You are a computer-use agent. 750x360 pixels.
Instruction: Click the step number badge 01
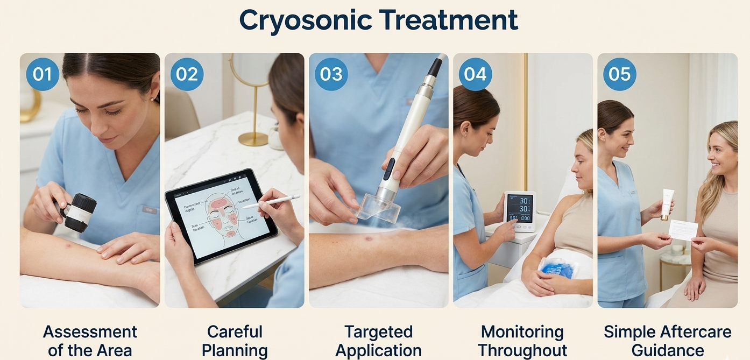43,74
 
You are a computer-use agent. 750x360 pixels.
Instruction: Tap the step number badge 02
187,74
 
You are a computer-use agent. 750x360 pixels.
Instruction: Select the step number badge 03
331,74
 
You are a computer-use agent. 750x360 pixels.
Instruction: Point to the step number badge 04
475,74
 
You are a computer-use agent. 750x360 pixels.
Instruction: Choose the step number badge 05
619,74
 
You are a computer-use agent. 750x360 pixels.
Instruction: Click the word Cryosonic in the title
305,20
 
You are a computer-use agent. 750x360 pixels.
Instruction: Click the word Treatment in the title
448,20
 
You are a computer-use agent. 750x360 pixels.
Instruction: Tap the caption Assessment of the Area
90,341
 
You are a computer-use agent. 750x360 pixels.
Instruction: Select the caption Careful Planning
235,341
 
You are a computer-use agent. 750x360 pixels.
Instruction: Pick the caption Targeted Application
378,341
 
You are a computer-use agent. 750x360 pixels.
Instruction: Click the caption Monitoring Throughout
522,341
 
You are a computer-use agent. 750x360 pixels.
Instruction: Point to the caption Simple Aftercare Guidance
667,341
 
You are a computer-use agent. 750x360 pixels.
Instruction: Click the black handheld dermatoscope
80,213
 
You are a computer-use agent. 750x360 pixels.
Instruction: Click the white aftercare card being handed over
683,230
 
